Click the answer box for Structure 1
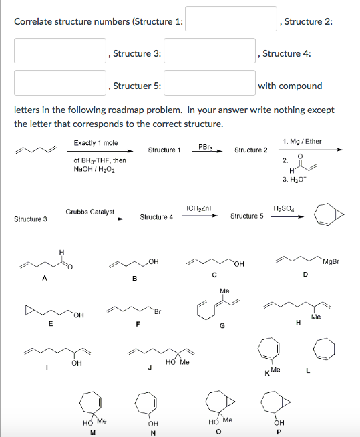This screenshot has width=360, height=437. click(x=231, y=19)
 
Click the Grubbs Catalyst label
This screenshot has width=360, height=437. click(x=89, y=212)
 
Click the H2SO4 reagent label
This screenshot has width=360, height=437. click(x=285, y=208)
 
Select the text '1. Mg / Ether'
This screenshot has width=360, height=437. click(x=302, y=142)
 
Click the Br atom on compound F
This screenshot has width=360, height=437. click(x=158, y=311)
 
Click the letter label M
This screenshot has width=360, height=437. click(x=95, y=431)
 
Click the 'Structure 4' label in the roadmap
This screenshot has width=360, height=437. click(x=156, y=217)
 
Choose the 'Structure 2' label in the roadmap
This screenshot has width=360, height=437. click(x=251, y=150)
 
